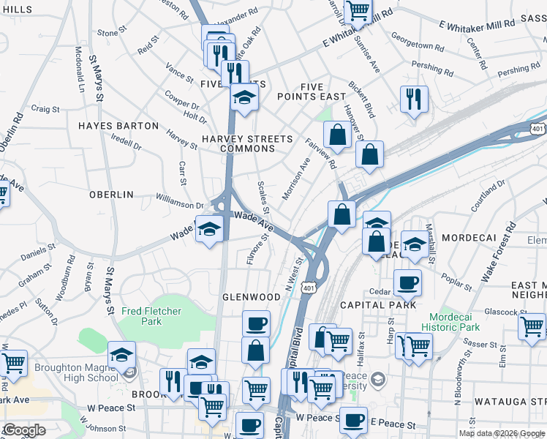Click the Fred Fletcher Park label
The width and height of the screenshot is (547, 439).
[151, 316]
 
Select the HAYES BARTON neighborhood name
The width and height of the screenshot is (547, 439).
[118, 126]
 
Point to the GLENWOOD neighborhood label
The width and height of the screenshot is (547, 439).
[251, 297]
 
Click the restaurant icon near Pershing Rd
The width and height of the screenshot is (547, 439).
[414, 98]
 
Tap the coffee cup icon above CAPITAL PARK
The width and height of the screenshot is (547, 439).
[407, 282]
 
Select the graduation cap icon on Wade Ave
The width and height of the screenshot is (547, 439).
[209, 230]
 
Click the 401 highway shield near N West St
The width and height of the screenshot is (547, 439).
[312, 288]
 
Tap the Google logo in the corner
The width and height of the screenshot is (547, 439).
[23, 429]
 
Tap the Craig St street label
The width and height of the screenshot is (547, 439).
[45, 109]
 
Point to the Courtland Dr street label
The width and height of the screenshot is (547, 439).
[488, 198]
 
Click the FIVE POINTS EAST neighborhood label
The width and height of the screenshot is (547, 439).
[311, 91]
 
